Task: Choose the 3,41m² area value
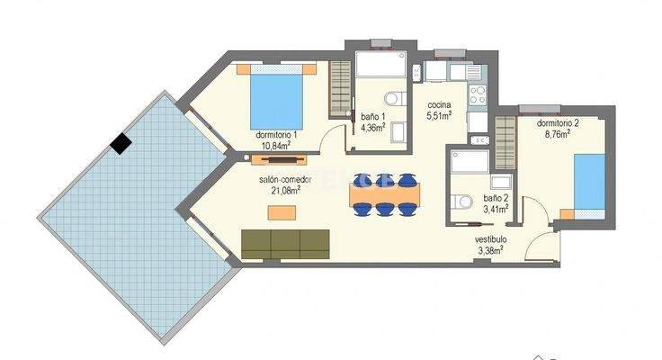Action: pos(496,208)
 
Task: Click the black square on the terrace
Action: pos(121,142)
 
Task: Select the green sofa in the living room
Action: pos(285,242)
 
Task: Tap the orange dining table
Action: pos(384,193)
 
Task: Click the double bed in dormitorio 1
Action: pos(276,96)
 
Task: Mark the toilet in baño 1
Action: pos(392,99)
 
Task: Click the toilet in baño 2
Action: pos(462,200)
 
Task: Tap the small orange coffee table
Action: pos(285,212)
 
